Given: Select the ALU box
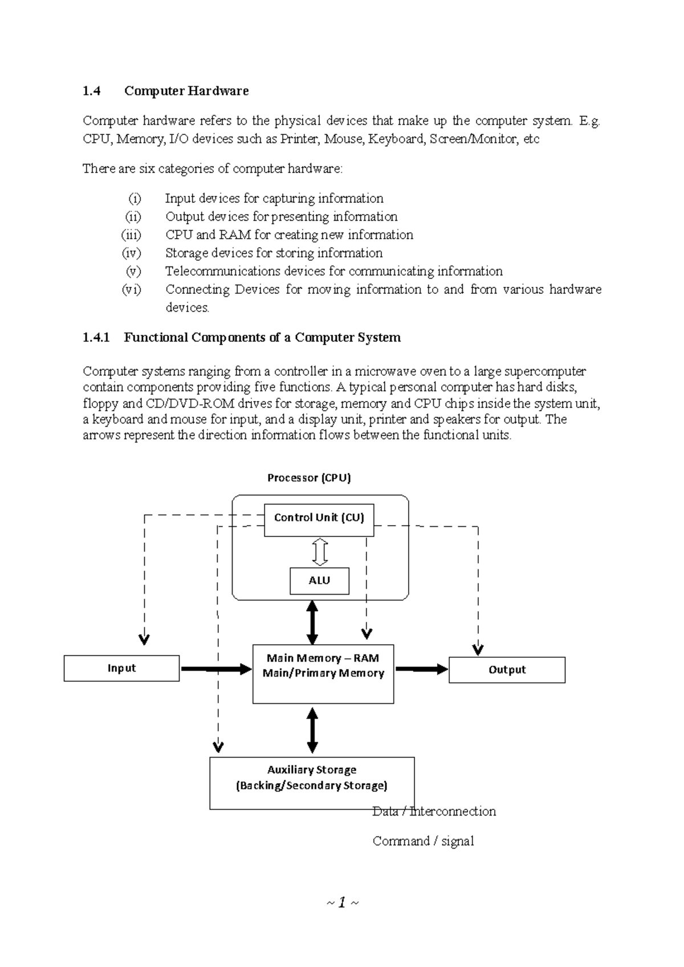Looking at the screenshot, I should [319, 581].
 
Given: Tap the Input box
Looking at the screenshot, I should [121, 669].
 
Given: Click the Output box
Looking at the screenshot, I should [507, 670].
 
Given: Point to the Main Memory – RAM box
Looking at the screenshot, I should [323, 674].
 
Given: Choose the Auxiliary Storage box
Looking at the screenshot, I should [312, 782].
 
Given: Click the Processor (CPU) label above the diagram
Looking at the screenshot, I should [309, 478].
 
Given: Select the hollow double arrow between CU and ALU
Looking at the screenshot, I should [320, 552].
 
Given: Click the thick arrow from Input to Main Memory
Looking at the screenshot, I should [216, 669].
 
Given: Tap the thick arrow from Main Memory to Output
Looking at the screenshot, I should [422, 669].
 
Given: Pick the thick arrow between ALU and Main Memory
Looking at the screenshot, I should [312, 622].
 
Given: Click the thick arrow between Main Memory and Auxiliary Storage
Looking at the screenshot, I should [312, 730].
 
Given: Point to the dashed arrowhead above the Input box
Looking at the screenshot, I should [144, 639].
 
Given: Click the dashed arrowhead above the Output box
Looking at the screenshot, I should [478, 649].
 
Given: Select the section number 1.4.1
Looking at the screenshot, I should [95, 338].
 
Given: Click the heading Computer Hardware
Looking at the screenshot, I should [186, 91].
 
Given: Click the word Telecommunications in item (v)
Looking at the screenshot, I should [223, 271].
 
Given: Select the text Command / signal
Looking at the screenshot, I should [423, 841].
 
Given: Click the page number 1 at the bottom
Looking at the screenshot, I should [342, 903].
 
